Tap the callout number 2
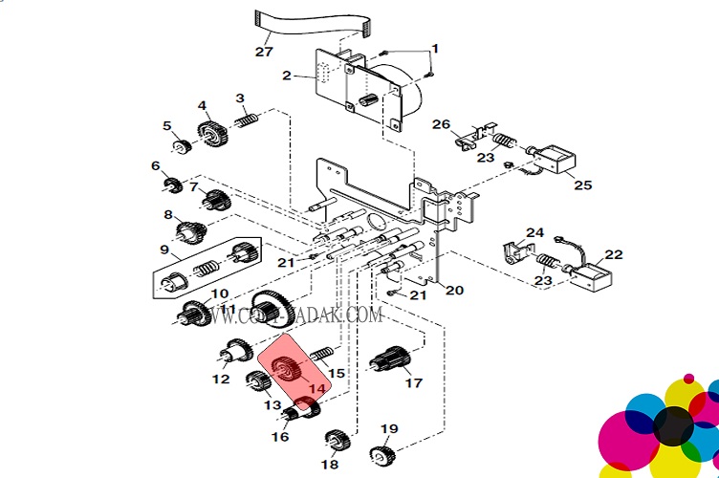(287, 75)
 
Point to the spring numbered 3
(249, 122)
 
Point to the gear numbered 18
(335, 442)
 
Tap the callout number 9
(163, 250)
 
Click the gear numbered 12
(234, 355)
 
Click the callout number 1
(435, 49)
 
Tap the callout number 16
(279, 437)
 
